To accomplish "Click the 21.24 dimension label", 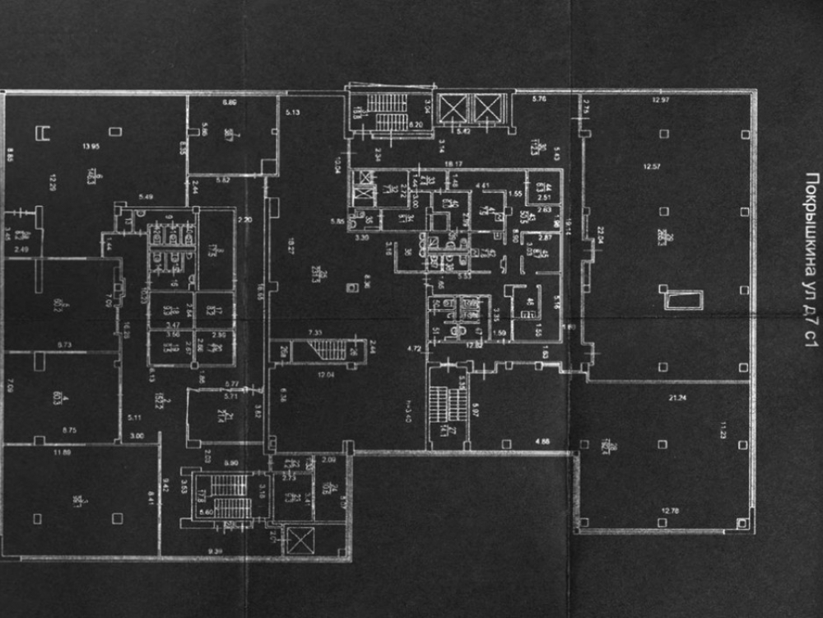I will pos(657,396).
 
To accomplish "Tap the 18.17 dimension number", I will pos(453,164).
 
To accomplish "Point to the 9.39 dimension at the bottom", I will pos(216,550).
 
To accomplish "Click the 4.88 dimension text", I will pos(542,442).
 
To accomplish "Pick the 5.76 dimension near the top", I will pos(540,100).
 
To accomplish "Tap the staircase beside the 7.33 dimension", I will pos(330,350).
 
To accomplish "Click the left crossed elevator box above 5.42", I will pos(453,109).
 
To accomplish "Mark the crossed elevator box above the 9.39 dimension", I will pos(298,541).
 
